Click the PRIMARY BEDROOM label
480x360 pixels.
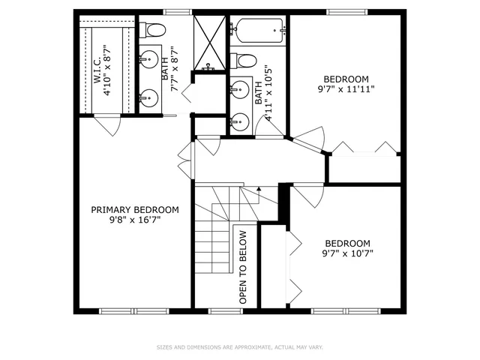pos(135,210)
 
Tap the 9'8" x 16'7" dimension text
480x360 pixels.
pos(135,220)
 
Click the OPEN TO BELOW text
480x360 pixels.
pos(243,265)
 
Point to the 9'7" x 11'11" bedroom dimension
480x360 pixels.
pos(346,88)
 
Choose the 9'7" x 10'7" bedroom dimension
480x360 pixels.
pos(347,253)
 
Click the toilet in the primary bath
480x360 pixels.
pos(154,30)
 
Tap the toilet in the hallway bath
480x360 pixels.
pos(245,60)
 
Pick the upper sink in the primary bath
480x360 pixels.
pos(151,60)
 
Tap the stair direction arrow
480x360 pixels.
pos(259,190)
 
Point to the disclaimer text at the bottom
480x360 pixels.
pos(240,347)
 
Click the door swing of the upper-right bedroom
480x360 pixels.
pos(309,138)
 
